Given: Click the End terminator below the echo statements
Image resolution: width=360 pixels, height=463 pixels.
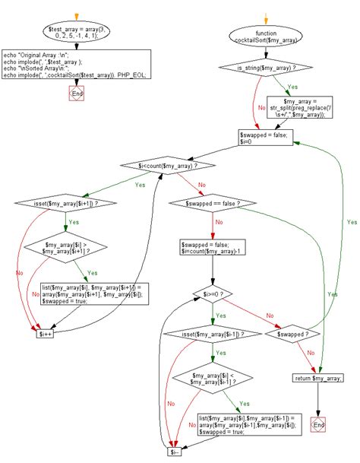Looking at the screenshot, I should click(x=76, y=94).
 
